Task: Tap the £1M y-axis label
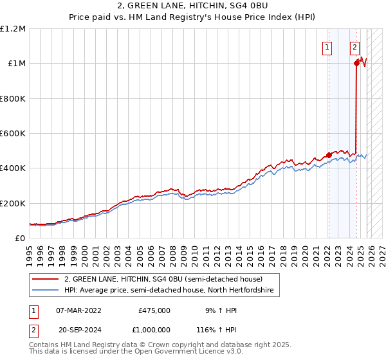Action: [x=17, y=64]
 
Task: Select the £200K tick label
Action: [x=13, y=203]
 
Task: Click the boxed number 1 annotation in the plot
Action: [x=327, y=46]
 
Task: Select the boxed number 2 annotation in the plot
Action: [x=354, y=46]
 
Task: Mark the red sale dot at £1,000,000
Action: [x=356, y=63]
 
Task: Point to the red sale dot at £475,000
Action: [x=329, y=155]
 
